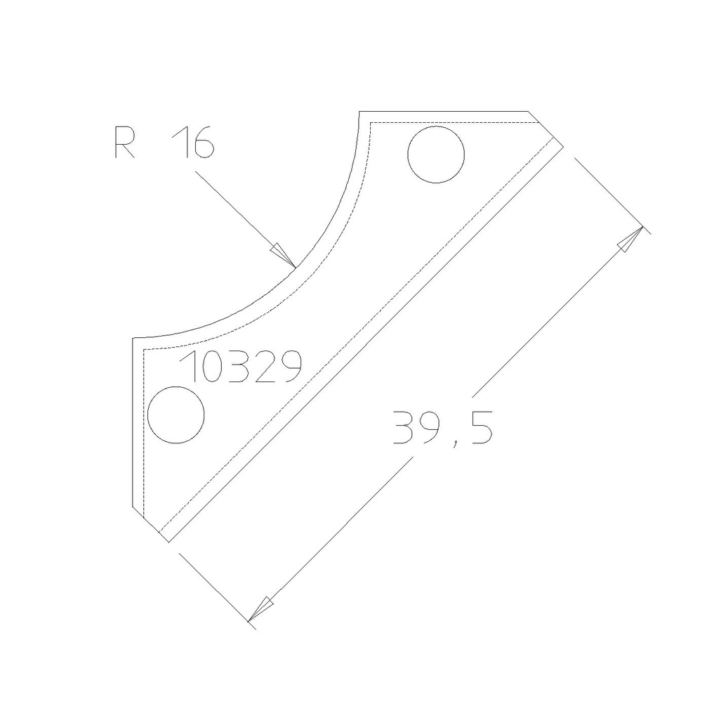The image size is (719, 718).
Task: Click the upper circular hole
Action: [436, 155]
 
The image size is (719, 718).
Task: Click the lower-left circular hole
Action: [176, 415]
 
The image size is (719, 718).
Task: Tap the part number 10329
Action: [242, 367]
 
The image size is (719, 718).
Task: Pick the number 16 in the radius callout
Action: [192, 143]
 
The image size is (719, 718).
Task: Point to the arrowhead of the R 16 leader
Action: [284, 254]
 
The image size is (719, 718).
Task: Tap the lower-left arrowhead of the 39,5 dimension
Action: [262, 606]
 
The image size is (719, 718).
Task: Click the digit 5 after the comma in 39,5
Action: [480, 427]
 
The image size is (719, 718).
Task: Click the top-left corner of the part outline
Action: [359, 112]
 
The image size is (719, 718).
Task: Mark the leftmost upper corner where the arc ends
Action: [133, 339]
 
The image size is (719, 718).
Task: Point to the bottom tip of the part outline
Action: [169, 542]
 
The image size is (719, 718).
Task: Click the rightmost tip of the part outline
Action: [563, 145]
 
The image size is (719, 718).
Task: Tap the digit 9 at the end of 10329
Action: [289, 367]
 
